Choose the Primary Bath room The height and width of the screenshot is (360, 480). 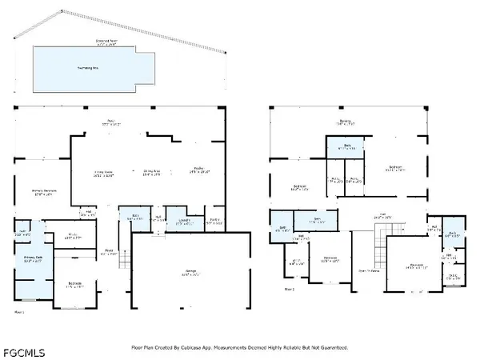[x=33, y=259]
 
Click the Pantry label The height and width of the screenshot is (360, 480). [x=214, y=221]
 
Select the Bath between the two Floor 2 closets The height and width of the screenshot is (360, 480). [x=346, y=148]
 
